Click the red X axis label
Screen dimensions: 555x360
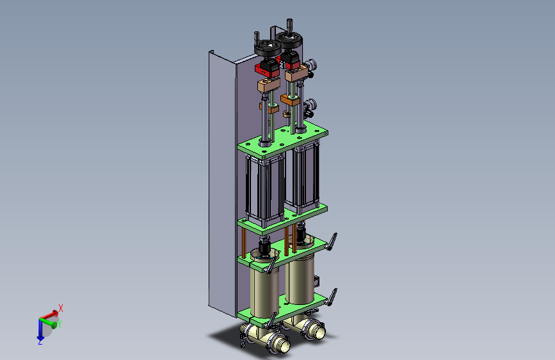pos(61,308)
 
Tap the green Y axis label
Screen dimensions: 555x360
pos(60,324)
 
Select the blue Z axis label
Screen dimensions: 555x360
pos(40,342)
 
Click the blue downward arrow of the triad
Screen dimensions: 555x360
pos(40,329)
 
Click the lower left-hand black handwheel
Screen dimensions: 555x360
pos(267,49)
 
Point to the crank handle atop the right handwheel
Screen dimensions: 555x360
pos(289,26)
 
